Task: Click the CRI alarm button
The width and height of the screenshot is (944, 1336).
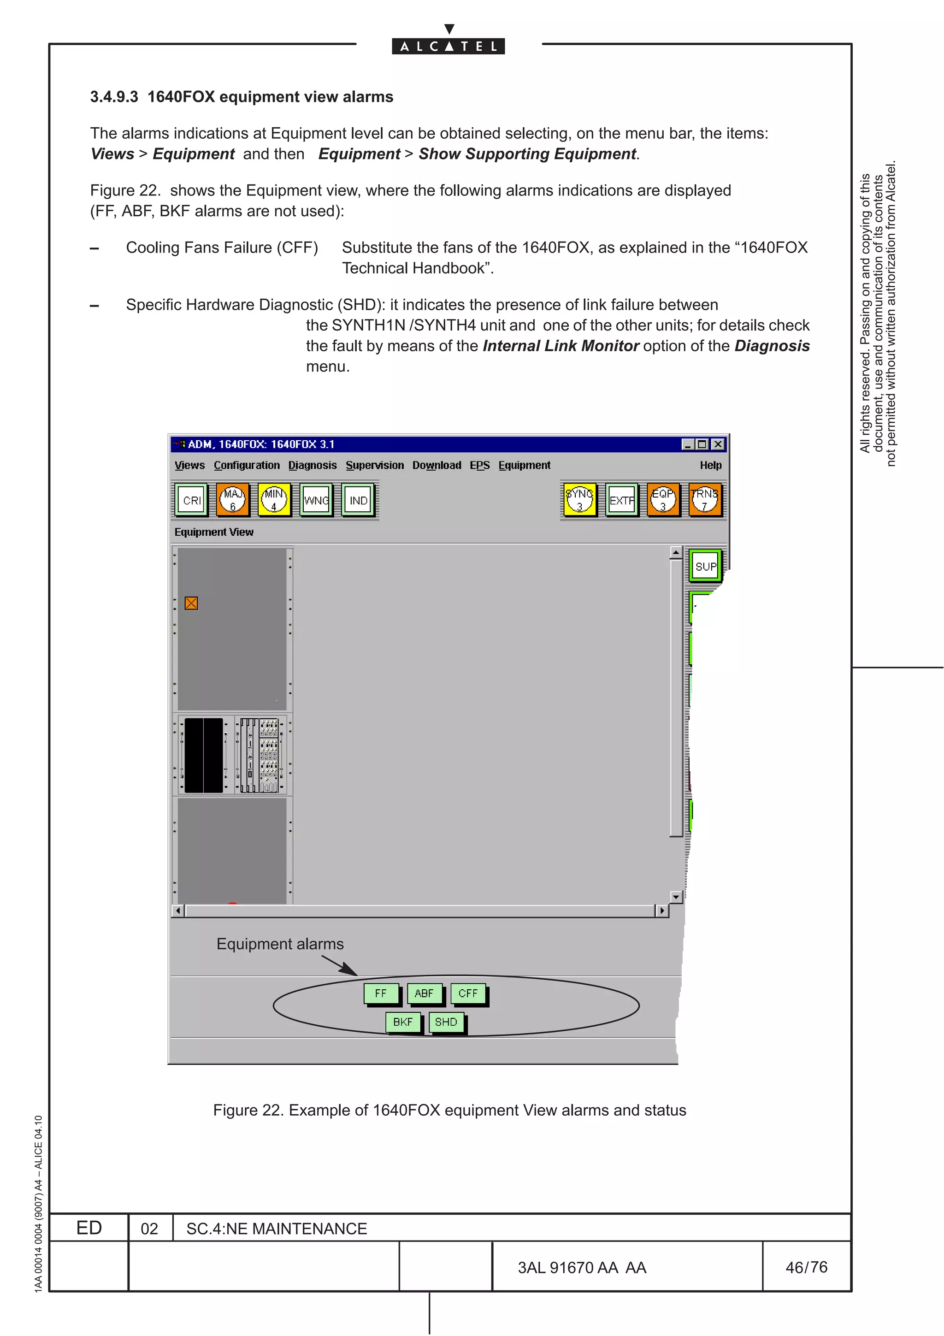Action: (191, 500)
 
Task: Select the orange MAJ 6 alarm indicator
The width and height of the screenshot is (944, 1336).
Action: (233, 500)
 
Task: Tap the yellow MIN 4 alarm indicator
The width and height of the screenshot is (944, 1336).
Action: (274, 500)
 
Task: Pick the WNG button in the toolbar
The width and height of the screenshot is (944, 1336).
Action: (316, 500)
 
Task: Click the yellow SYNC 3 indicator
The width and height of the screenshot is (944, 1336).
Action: (579, 500)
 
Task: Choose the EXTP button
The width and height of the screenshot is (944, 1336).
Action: (621, 500)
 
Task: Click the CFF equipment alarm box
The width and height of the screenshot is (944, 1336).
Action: (468, 993)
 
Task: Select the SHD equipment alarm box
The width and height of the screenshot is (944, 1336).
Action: (446, 1022)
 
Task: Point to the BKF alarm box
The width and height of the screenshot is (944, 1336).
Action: (402, 1022)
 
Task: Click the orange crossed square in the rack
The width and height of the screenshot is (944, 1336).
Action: (191, 603)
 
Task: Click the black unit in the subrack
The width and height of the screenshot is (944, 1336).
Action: (204, 755)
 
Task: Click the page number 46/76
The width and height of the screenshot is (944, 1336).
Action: (806, 1267)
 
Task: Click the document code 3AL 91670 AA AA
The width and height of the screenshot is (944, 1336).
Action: (582, 1267)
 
